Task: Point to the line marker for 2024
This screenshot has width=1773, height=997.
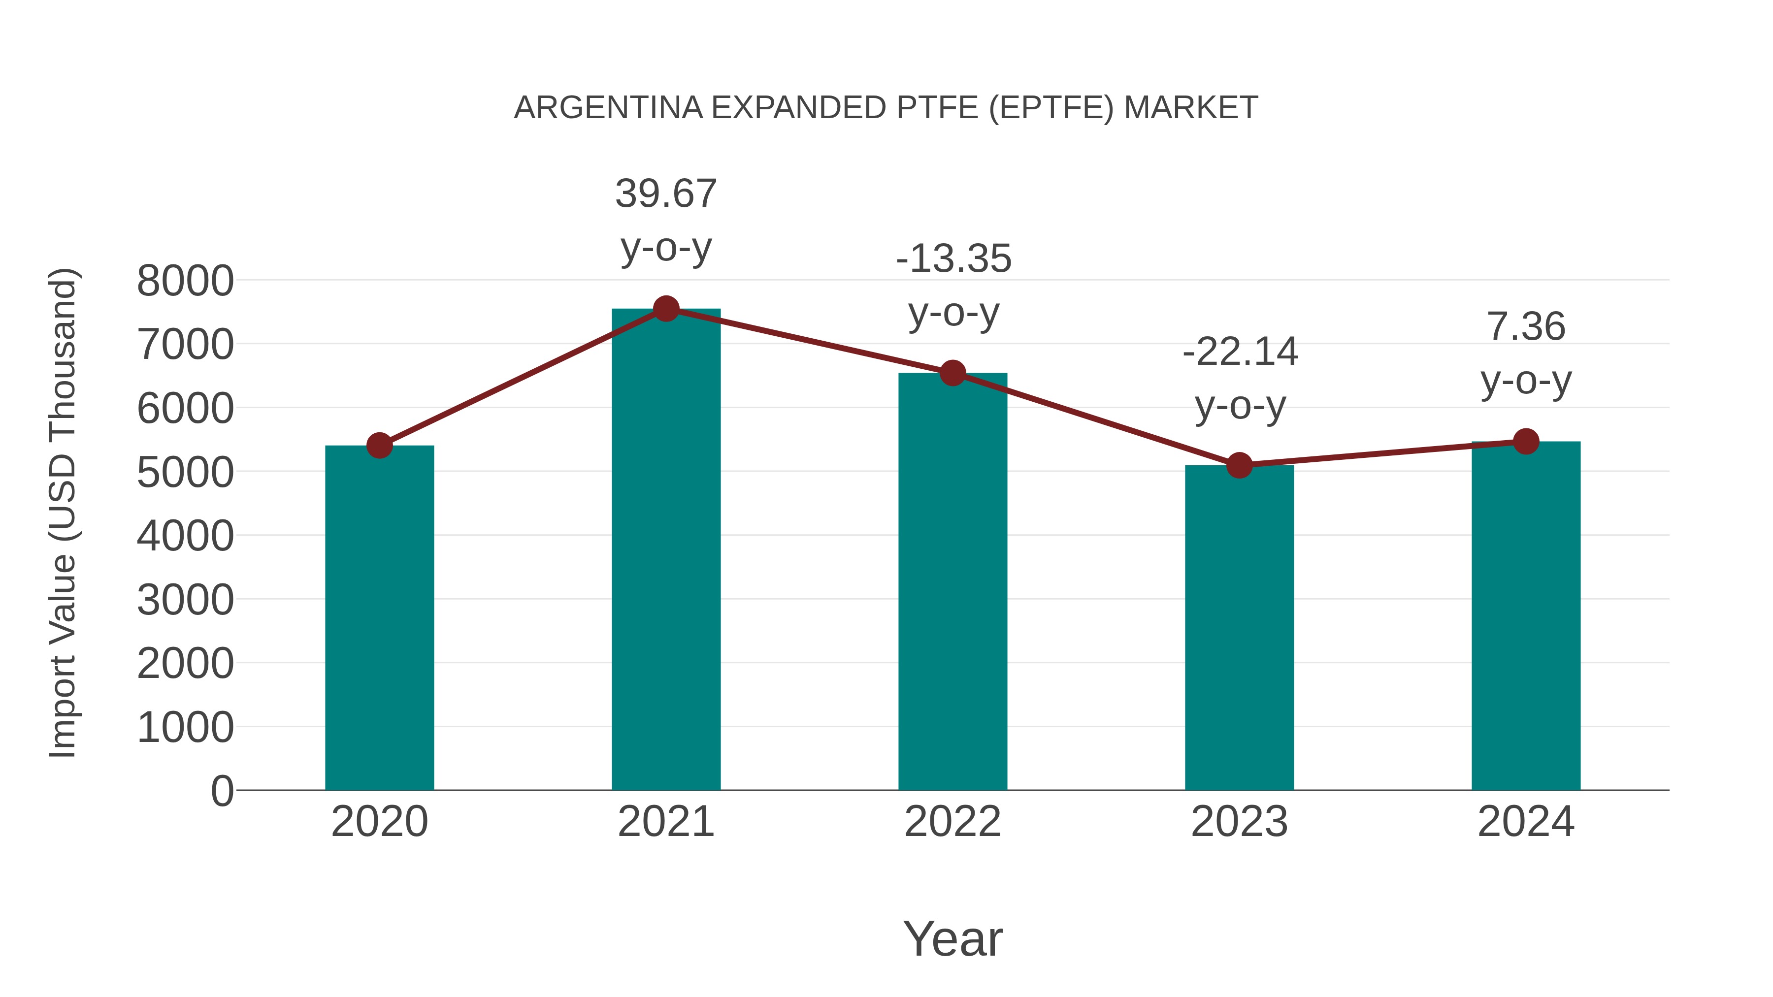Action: tap(1526, 441)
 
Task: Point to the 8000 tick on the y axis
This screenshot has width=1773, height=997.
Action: tap(185, 281)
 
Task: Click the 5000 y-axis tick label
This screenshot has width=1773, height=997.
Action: tap(185, 473)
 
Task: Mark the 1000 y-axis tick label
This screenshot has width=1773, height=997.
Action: tap(185, 727)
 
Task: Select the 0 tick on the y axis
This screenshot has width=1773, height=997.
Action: tap(222, 791)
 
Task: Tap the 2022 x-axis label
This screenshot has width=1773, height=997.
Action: tap(952, 822)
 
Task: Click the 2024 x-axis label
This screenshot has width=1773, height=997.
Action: tap(1526, 822)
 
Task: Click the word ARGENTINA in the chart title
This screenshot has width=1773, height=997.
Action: tap(608, 108)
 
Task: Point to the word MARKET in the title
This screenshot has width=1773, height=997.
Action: tap(1191, 108)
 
